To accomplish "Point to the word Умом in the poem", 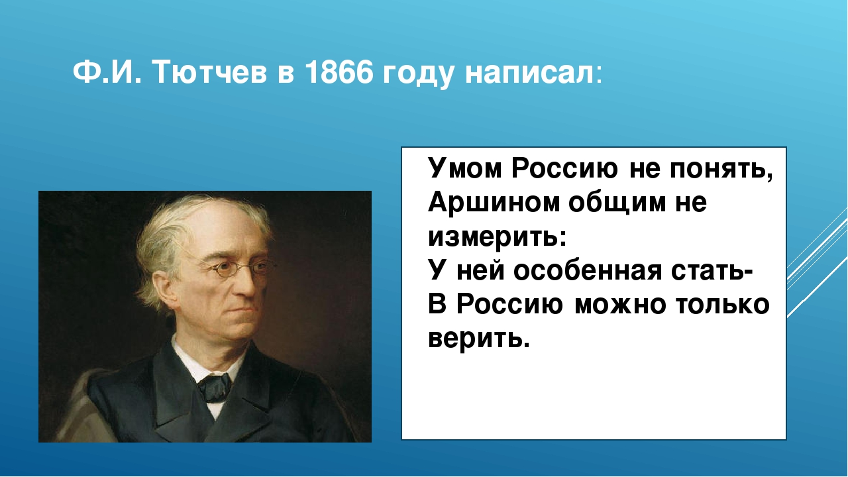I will click(x=464, y=169).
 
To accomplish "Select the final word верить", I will click(x=478, y=339).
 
